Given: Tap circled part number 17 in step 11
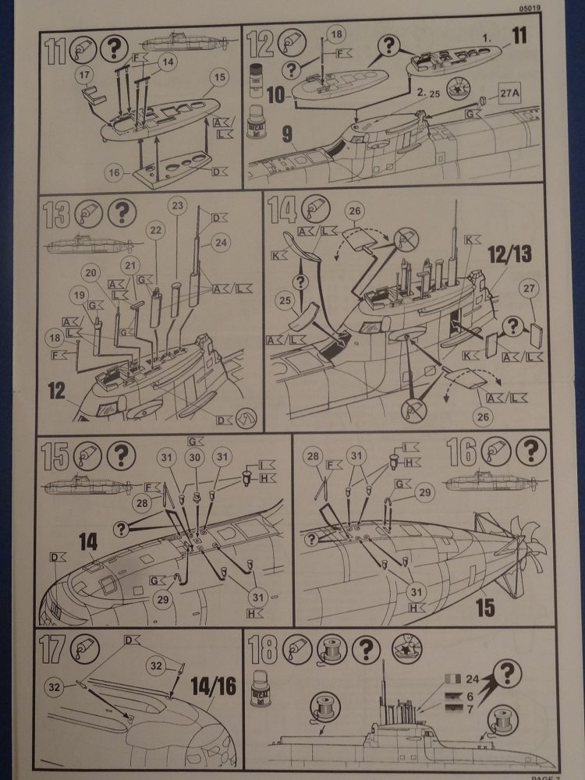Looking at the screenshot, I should (x=85, y=74).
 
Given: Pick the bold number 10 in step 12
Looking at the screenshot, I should (x=275, y=94).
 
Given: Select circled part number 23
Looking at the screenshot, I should (x=179, y=206).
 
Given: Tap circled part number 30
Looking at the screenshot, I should (x=196, y=458).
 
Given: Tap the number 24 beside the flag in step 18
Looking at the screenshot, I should (x=469, y=675).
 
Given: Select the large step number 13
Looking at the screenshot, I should (x=58, y=212).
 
